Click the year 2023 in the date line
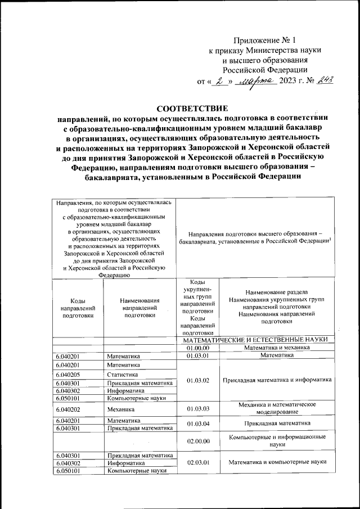pos(291,81)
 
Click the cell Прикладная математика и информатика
pos(277,381)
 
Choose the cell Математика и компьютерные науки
pos(277,463)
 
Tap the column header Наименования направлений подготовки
pos(140,308)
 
